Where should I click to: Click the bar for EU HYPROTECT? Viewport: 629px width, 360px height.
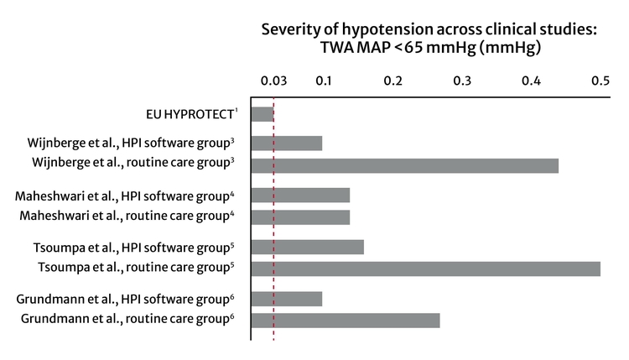pyautogui.click(x=263, y=114)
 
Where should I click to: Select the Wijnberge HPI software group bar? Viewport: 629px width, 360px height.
pyautogui.click(x=287, y=143)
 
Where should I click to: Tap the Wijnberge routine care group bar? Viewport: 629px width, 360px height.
pyautogui.click(x=405, y=165)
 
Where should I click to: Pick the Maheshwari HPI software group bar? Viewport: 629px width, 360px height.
pyautogui.click(x=300, y=196)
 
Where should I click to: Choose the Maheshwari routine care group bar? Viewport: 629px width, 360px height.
pyautogui.click(x=300, y=217)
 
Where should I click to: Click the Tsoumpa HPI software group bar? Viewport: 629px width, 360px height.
pyautogui.click(x=308, y=247)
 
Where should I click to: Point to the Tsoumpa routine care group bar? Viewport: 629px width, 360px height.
pyautogui.click(x=426, y=269)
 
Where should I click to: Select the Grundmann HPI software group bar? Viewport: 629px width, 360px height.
pyautogui.click(x=287, y=298)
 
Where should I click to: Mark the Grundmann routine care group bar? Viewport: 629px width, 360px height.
pyautogui.click(x=346, y=320)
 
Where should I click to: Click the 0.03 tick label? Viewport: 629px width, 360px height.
pyautogui.click(x=273, y=81)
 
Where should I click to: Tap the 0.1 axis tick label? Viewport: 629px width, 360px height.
pyautogui.click(x=323, y=81)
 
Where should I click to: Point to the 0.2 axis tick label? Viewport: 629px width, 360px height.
pyautogui.click(x=392, y=81)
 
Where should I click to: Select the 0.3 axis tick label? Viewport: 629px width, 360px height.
pyautogui.click(x=462, y=81)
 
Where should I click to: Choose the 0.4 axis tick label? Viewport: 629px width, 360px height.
pyautogui.click(x=531, y=81)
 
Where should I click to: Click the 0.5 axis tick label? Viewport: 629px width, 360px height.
pyautogui.click(x=600, y=81)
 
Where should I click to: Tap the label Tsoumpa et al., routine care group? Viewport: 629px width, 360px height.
pyautogui.click(x=137, y=269)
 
